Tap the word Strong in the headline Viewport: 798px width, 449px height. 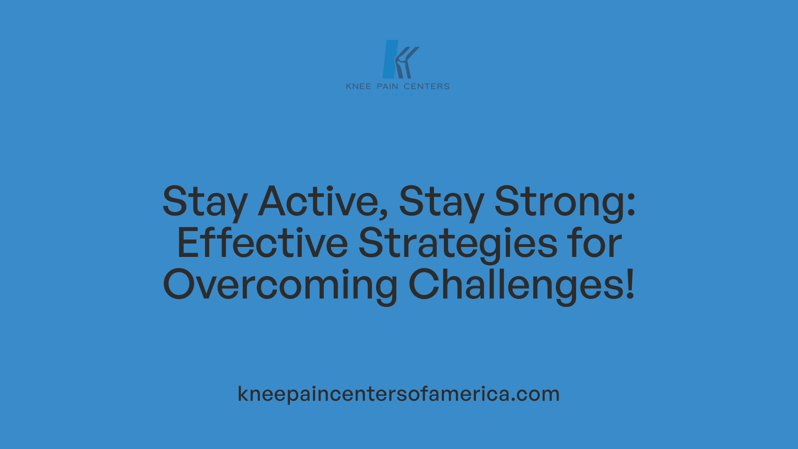[x=559, y=202]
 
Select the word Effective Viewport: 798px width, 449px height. [x=262, y=243]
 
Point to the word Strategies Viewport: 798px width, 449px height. [x=458, y=243]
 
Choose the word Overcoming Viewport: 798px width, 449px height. [x=280, y=285]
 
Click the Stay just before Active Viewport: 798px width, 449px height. [x=205, y=202]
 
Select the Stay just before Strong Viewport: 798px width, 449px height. [x=441, y=202]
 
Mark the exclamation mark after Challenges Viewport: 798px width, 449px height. [x=631, y=285]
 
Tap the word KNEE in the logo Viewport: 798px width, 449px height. [x=358, y=86]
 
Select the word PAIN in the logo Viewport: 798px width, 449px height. [x=387, y=86]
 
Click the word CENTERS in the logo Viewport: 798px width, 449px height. [x=426, y=86]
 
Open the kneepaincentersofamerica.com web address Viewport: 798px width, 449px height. [x=399, y=394]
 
